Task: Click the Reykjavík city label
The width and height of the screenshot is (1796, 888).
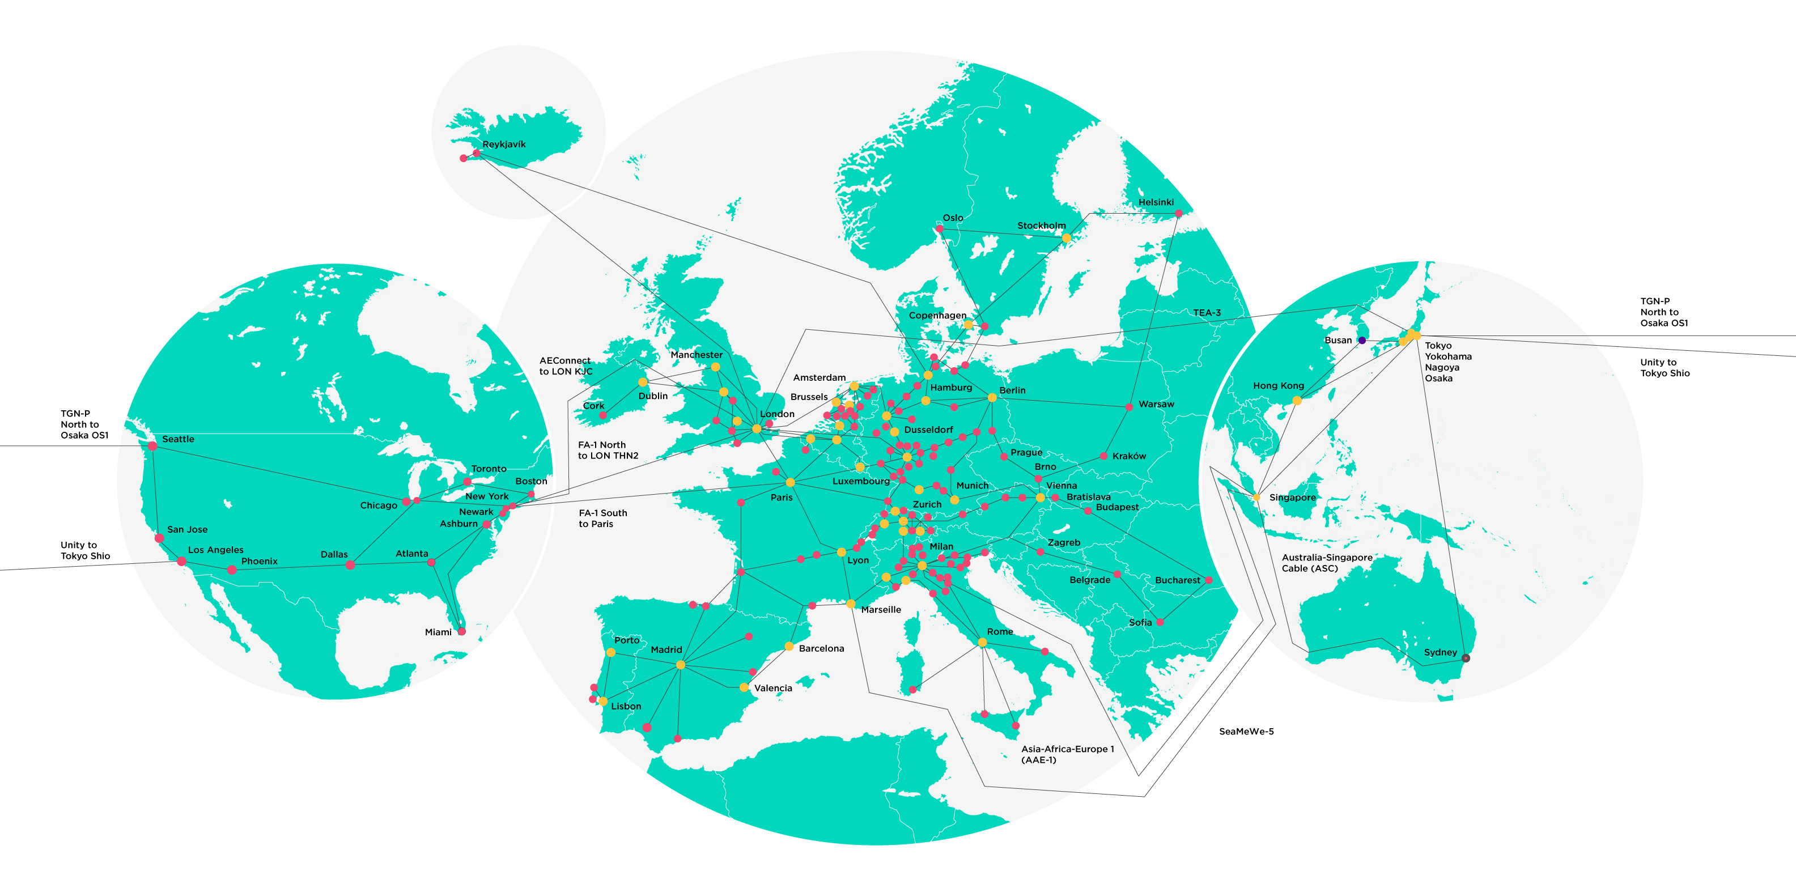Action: click(x=503, y=145)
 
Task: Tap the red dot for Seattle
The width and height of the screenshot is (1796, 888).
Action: click(x=152, y=446)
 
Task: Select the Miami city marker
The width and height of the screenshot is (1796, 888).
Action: click(x=461, y=631)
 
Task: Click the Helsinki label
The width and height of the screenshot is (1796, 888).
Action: click(x=1156, y=202)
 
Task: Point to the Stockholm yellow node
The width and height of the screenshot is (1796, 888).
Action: click(x=1066, y=237)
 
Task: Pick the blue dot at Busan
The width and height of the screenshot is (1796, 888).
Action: click(x=1362, y=340)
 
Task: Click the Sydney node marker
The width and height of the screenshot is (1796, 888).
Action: click(x=1466, y=658)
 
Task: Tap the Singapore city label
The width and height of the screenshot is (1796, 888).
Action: click(x=1292, y=497)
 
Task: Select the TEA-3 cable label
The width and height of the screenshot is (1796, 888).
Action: click(x=1207, y=312)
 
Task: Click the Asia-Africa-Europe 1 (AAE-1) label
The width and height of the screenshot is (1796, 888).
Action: click(x=1067, y=754)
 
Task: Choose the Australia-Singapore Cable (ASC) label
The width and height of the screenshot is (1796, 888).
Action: click(x=1327, y=563)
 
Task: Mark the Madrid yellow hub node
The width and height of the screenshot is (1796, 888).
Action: click(x=681, y=665)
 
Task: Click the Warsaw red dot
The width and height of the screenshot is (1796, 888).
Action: click(x=1130, y=406)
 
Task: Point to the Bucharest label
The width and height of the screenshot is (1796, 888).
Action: click(x=1178, y=580)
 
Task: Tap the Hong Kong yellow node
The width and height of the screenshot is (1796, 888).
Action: click(x=1297, y=401)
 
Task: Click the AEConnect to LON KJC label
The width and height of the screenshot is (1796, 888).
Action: click(x=566, y=366)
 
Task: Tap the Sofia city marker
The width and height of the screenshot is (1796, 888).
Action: click(x=1160, y=622)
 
